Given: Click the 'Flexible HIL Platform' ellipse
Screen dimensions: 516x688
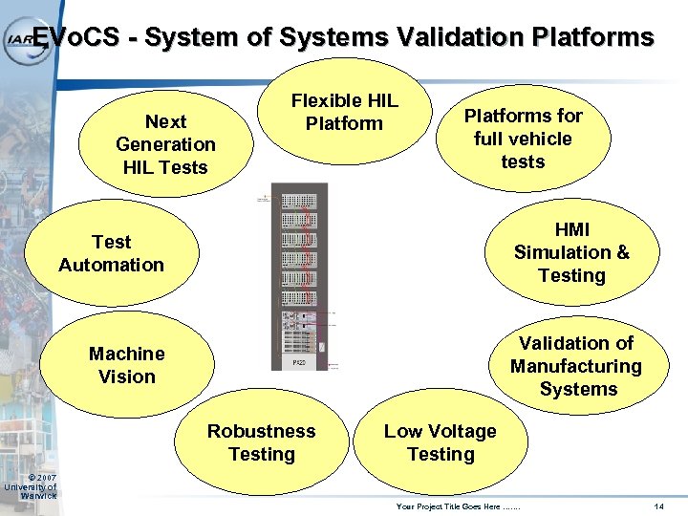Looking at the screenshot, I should pyautogui.click(x=344, y=113).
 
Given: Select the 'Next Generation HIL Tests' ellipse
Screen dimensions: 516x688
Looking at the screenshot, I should pyautogui.click(x=165, y=144).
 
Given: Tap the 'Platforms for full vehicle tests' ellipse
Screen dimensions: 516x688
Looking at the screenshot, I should pyautogui.click(x=523, y=139).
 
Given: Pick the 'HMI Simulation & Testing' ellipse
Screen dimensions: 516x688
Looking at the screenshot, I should pyautogui.click(x=571, y=252).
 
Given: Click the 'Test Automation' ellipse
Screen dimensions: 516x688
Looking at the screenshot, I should pyautogui.click(x=112, y=253).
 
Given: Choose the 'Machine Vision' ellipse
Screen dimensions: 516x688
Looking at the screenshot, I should pyautogui.click(x=127, y=365).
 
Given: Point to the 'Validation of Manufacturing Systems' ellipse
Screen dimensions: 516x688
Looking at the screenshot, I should pyautogui.click(x=575, y=366).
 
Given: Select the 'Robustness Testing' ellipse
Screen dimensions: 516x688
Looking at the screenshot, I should pyautogui.click(x=262, y=442).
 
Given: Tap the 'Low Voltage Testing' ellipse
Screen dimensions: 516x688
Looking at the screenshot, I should pyautogui.click(x=440, y=442).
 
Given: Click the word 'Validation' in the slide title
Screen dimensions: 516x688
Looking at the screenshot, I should pyautogui.click(x=461, y=37).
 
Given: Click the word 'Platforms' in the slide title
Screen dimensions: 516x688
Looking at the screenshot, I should pyautogui.click(x=593, y=37).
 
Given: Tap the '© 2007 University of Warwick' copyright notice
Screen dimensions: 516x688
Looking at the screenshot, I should pyautogui.click(x=30, y=486).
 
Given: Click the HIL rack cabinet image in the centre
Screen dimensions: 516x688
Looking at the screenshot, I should pyautogui.click(x=299, y=277).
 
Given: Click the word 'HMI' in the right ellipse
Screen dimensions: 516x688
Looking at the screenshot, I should pyautogui.click(x=571, y=229).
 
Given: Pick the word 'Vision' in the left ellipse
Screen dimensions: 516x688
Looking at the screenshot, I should pyautogui.click(x=127, y=376).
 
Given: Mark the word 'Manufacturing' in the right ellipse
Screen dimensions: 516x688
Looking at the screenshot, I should pyautogui.click(x=575, y=366).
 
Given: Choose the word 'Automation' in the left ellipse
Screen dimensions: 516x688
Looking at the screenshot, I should pyautogui.click(x=112, y=265).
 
